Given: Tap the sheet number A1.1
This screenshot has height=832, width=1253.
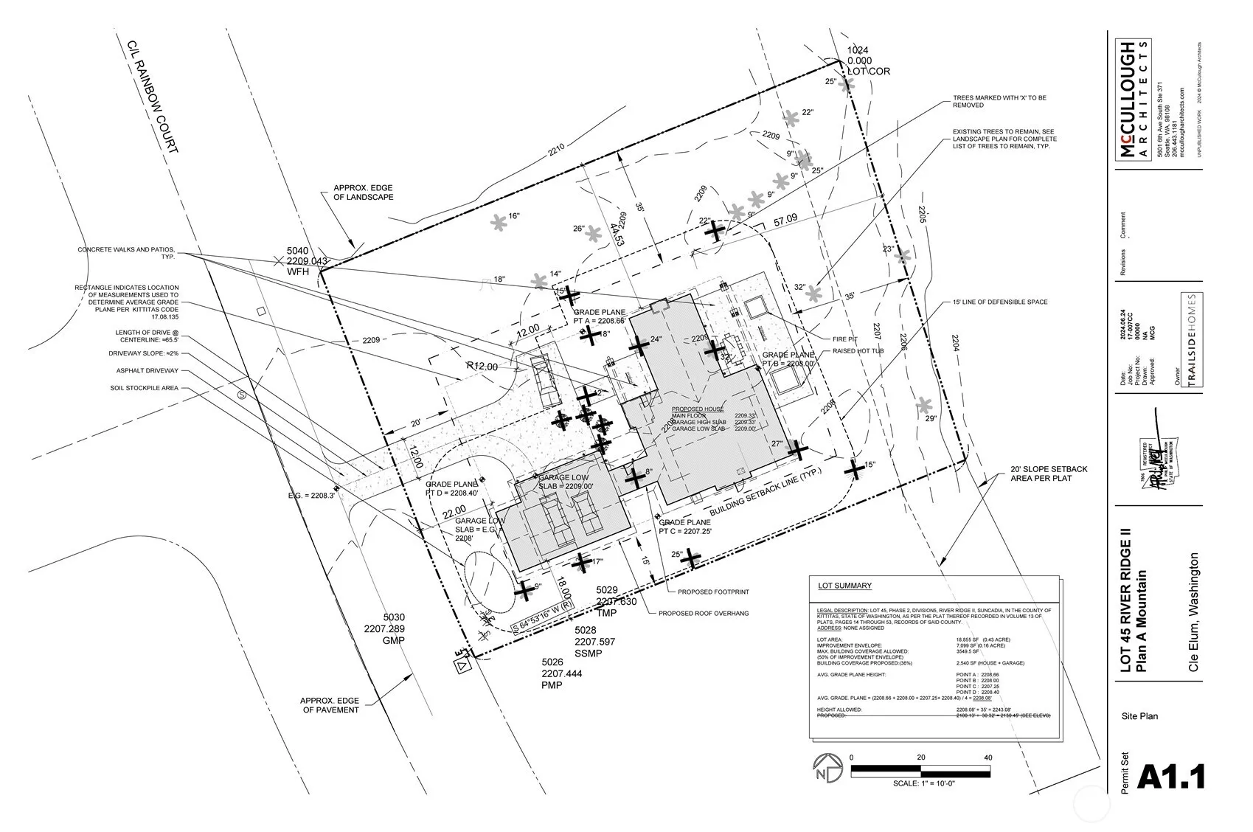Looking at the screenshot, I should (1171, 777).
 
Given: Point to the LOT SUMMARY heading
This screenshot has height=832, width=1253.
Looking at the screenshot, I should (844, 586).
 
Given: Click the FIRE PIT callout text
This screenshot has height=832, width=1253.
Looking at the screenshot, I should (844, 339).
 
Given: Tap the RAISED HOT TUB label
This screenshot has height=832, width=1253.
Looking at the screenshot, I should (858, 351).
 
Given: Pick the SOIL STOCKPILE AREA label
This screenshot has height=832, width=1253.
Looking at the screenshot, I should (144, 388).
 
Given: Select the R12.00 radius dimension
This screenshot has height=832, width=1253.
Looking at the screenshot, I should (482, 367).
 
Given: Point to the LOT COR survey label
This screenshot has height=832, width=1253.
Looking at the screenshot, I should (868, 72).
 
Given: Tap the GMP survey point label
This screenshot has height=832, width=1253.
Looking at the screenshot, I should (394, 641).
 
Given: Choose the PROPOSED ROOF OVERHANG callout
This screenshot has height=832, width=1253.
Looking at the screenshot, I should (704, 613).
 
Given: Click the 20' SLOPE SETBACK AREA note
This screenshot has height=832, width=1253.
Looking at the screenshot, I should (1048, 474).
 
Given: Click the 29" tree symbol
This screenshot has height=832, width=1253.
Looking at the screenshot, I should (923, 405).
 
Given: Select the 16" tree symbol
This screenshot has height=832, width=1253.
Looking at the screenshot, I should (499, 221).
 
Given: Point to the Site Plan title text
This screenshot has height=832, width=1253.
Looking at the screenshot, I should (1139, 715).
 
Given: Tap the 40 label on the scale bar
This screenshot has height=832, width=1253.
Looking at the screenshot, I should (988, 758).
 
